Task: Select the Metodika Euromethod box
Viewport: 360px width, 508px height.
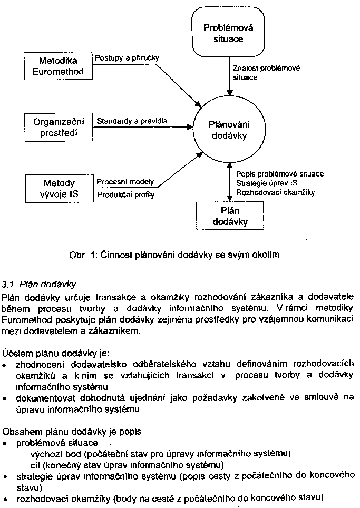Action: point(58,66)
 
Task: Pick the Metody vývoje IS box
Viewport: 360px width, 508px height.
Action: point(58,189)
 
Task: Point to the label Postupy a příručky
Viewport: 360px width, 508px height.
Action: point(127,57)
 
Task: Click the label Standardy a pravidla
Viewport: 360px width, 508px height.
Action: point(132,121)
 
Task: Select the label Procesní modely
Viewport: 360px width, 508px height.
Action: point(125,182)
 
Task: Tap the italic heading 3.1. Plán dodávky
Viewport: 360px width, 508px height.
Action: point(40,285)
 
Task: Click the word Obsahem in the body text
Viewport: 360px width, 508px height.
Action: point(18,432)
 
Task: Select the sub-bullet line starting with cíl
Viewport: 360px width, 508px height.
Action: point(121,464)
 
